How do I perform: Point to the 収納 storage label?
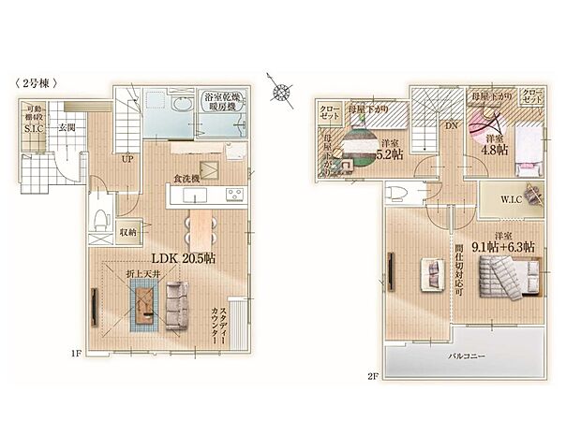[x=128, y=231]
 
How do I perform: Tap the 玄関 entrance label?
[x=67, y=127]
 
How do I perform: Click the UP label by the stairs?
[x=125, y=159]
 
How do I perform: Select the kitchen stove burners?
[x=232, y=195]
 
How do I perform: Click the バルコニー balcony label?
[x=464, y=356]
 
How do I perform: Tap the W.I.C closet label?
[x=498, y=196]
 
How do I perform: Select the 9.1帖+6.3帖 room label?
[x=503, y=246]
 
